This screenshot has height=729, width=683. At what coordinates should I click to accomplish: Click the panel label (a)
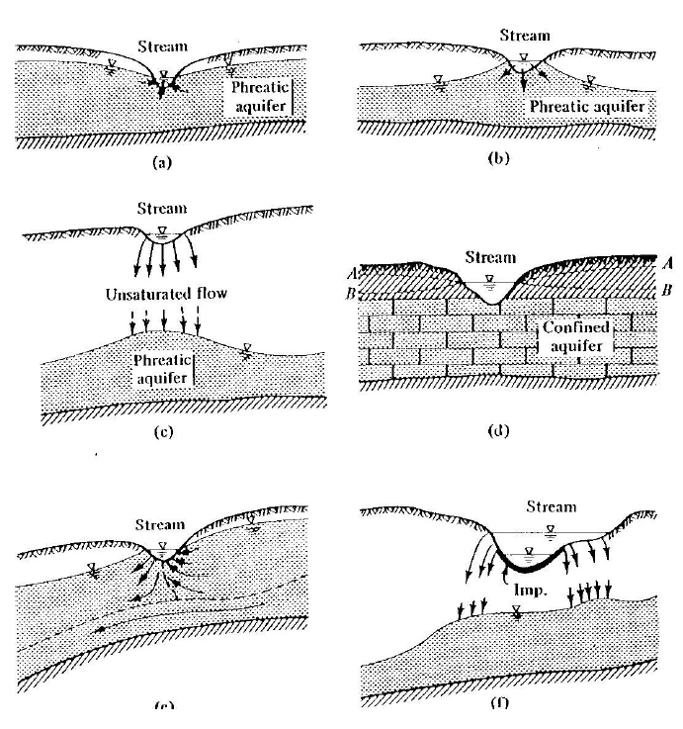coord(163,165)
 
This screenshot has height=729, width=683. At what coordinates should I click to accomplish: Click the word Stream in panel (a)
coord(162,46)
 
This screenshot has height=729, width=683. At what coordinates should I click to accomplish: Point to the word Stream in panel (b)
coord(524,36)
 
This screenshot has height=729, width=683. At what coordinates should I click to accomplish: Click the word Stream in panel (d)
coord(490,258)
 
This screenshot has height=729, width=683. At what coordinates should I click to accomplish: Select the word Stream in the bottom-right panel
coord(550,507)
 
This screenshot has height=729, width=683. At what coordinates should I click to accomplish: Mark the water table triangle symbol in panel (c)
coord(246,346)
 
